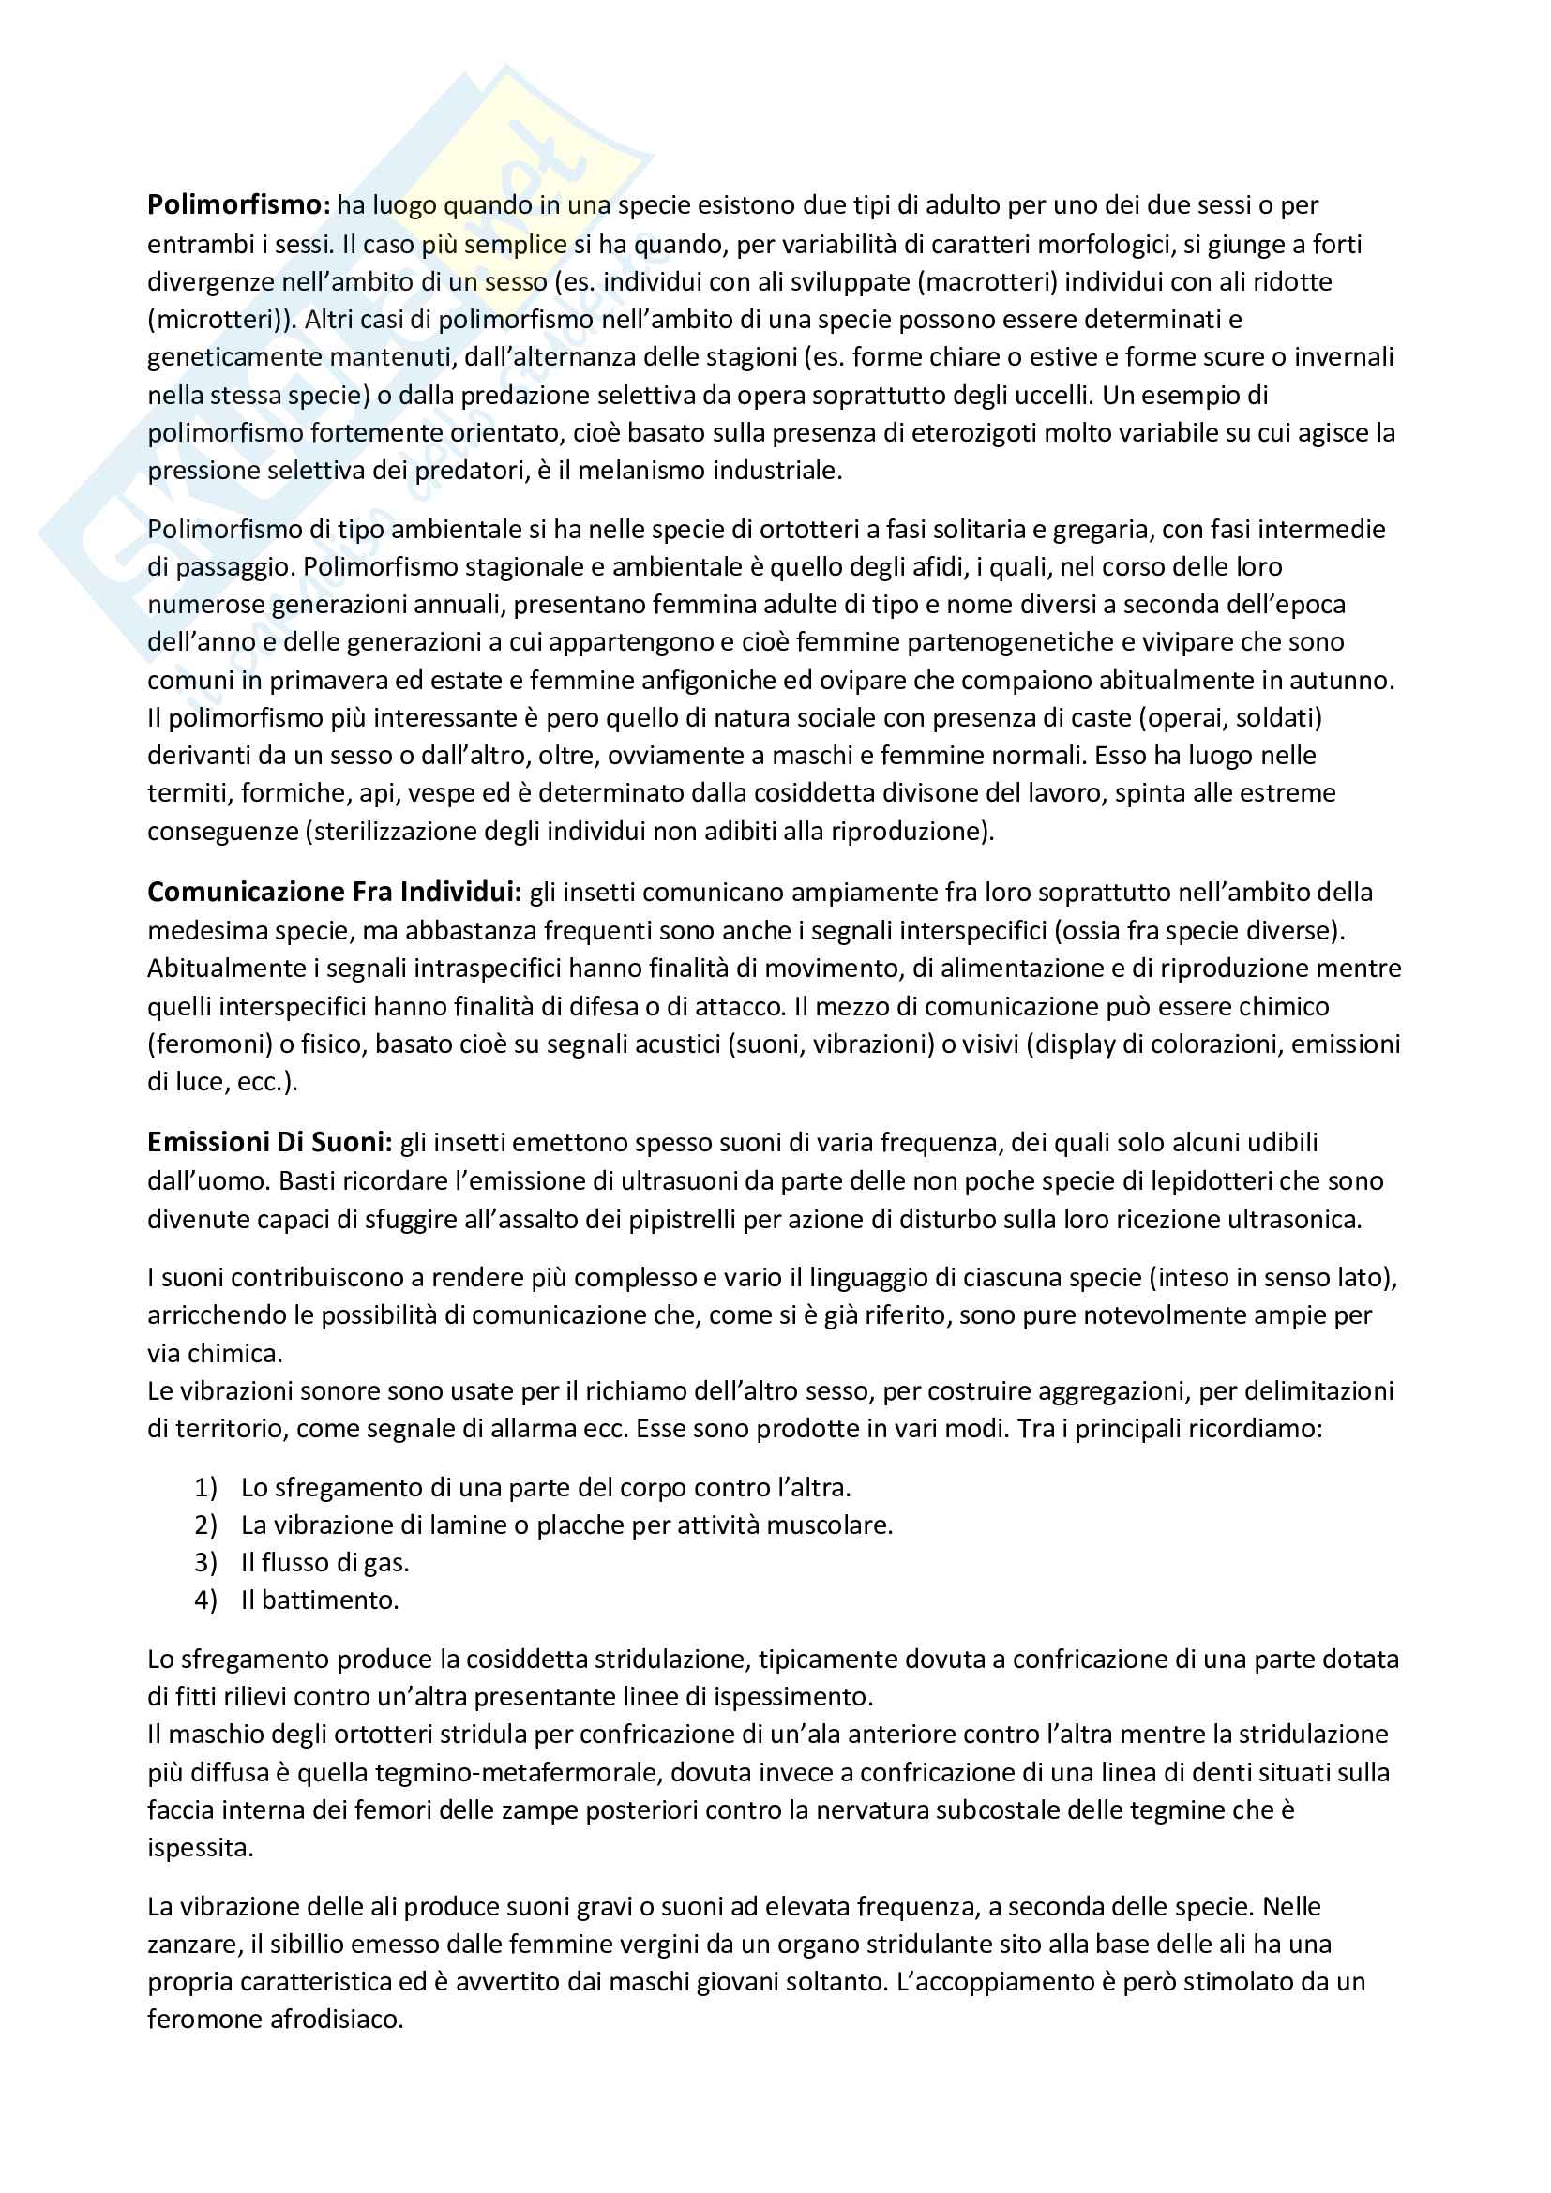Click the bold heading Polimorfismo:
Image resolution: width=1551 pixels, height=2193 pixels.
(x=239, y=205)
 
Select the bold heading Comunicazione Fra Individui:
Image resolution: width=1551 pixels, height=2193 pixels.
(x=334, y=892)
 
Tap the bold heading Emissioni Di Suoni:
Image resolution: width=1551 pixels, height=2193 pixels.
(x=269, y=1142)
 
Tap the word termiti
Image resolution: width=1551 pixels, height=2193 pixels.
(x=188, y=793)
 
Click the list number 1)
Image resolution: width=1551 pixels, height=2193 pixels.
(x=206, y=1487)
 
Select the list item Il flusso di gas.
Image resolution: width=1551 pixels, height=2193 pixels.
(x=324, y=1563)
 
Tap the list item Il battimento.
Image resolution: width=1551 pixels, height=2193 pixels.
(x=319, y=1600)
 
